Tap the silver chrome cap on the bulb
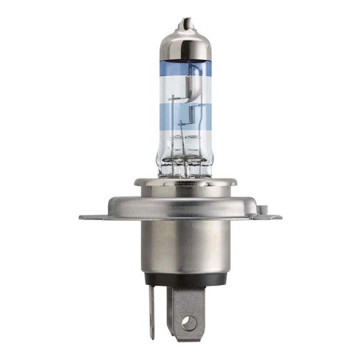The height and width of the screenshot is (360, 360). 182,44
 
